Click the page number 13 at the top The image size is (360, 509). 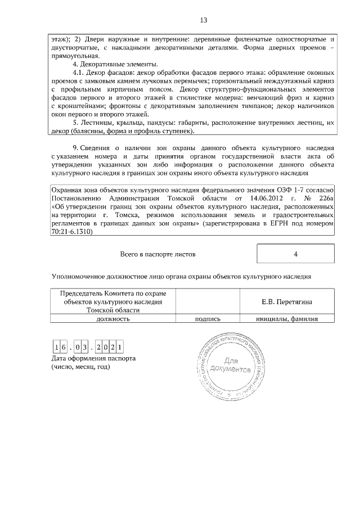click(204, 20)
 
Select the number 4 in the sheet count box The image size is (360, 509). click(295, 254)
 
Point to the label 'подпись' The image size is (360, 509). click(207, 318)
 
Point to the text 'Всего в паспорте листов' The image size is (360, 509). click(158, 254)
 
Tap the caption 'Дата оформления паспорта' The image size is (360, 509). click(93, 358)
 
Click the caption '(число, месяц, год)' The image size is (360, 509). click(80, 367)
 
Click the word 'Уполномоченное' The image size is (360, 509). click(78, 277)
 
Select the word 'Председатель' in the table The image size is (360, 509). click(82, 293)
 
